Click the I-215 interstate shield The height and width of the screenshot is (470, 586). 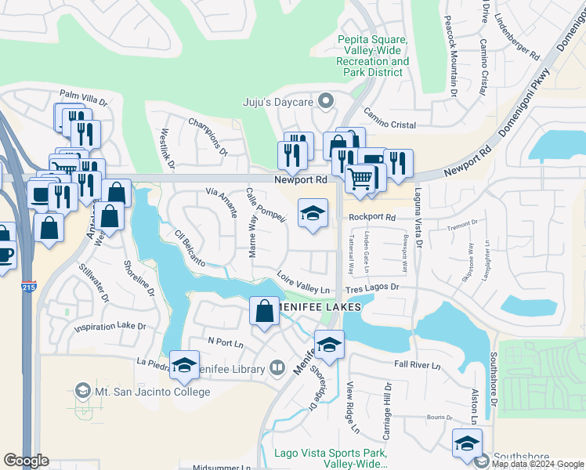click(x=28, y=287)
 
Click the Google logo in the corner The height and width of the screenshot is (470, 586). click(x=26, y=461)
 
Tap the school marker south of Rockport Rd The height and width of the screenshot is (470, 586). click(x=313, y=213)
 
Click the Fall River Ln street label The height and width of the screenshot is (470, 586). click(x=418, y=365)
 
